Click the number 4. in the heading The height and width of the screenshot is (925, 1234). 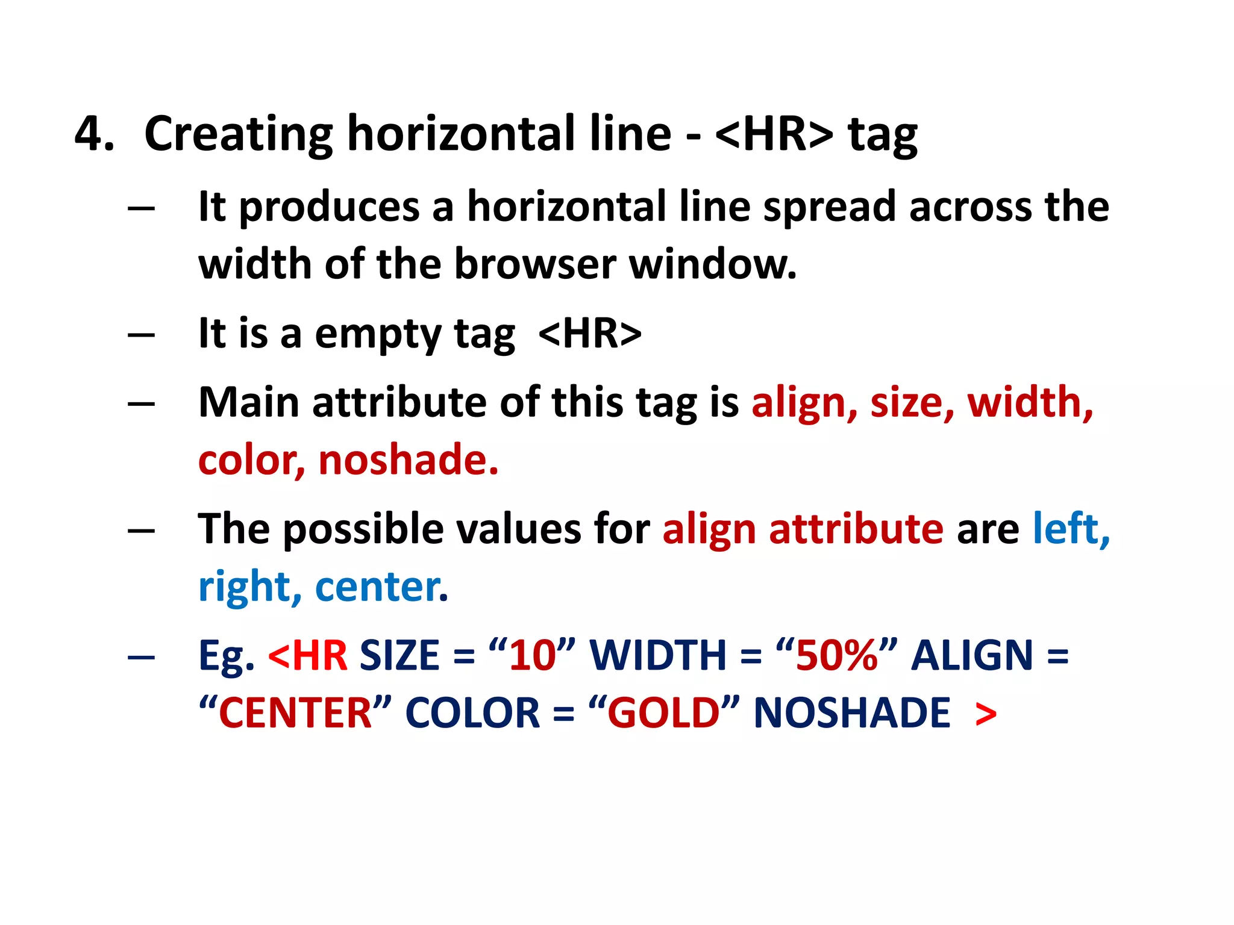pyautogui.click(x=94, y=134)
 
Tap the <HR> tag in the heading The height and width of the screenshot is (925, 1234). pyautogui.click(x=774, y=134)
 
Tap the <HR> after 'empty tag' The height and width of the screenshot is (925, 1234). pyautogui.click(x=590, y=334)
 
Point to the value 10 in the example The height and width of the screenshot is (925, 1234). pyautogui.click(x=532, y=655)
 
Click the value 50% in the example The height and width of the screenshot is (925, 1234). pyautogui.click(x=836, y=655)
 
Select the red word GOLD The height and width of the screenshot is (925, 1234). pyautogui.click(x=663, y=713)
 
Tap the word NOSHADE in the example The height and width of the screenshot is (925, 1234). pyautogui.click(x=851, y=713)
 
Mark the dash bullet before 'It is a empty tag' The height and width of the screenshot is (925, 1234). pyautogui.click(x=142, y=335)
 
